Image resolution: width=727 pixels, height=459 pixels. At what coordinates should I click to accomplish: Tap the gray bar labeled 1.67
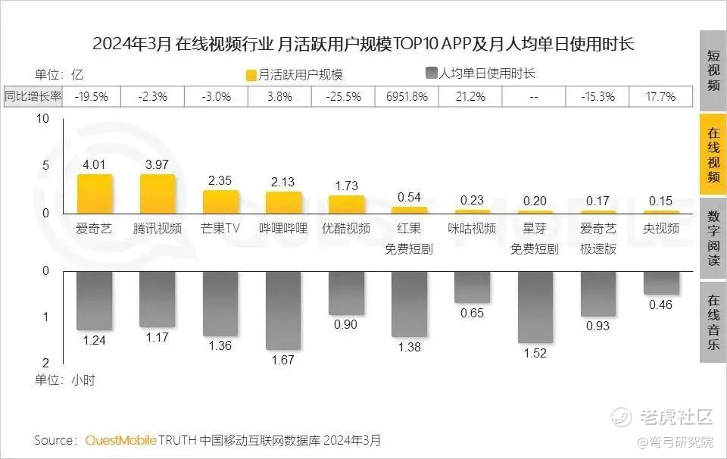pos(283,310)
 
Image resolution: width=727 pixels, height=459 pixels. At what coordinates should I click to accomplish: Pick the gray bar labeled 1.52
pos(535,307)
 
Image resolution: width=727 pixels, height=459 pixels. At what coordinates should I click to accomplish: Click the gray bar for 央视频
pos(661,283)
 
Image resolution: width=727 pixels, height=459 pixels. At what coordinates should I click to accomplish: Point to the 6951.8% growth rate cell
pos(407,97)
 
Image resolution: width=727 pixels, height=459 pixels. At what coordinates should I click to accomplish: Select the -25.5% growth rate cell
pos(344,97)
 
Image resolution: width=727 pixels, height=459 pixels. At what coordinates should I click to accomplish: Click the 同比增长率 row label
pos(34,97)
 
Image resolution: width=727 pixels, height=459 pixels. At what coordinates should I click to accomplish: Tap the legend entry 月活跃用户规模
pos(295,74)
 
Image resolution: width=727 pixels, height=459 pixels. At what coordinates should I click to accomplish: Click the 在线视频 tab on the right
pos(713,156)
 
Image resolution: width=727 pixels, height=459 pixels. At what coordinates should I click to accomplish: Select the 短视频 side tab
pos(713,70)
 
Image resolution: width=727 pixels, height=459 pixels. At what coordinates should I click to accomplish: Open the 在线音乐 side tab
pos(713,321)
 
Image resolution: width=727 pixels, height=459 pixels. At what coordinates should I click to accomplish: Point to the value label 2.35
pos(220,180)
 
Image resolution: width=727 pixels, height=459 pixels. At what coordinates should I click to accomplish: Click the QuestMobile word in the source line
pos(121,440)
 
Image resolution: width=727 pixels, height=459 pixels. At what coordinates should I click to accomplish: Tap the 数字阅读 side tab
pos(713,238)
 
